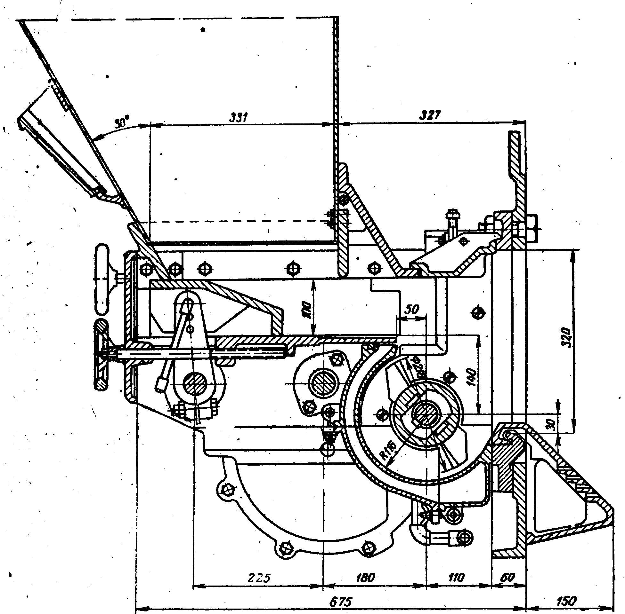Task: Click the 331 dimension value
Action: [x=239, y=117]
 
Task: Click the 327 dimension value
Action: [x=430, y=115]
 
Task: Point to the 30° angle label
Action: [x=121, y=123]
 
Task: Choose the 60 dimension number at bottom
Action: [x=507, y=577]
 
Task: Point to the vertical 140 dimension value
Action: [x=471, y=376]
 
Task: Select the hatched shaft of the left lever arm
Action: [x=195, y=384]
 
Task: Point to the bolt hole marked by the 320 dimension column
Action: [x=478, y=312]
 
